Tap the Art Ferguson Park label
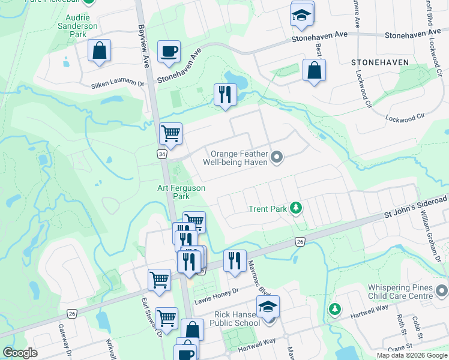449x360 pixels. coord(181,192)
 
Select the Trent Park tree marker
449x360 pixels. coord(295,208)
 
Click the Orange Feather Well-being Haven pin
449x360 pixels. coord(277,158)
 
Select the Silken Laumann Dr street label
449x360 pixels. coord(119,85)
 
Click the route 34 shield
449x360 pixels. coord(161,155)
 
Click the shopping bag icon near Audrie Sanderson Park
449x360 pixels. coord(100,52)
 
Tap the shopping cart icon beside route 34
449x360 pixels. coord(170,134)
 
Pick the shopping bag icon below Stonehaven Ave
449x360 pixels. coord(314,70)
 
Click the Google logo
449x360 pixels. coord(20,353)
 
